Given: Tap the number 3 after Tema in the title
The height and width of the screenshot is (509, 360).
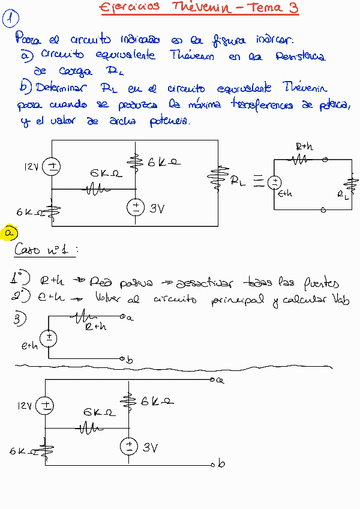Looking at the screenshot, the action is [292, 8].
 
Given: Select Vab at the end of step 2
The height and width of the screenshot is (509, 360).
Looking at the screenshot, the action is [339, 299].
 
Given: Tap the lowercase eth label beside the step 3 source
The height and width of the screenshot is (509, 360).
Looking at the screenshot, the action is [29, 346].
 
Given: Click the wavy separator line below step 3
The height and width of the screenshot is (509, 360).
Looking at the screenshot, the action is [180, 366].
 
